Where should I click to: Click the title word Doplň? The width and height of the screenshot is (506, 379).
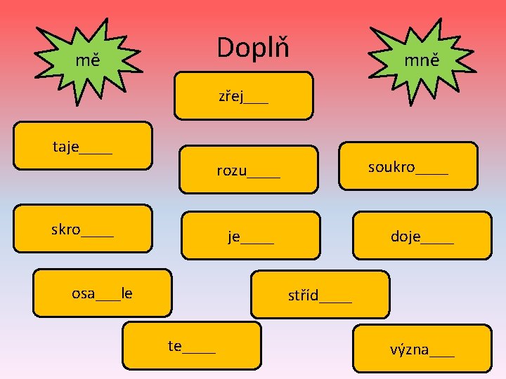(253, 48)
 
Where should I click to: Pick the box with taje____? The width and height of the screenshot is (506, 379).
(83, 146)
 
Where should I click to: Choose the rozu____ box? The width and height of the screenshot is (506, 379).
(248, 169)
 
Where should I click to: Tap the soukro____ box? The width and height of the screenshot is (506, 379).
(408, 166)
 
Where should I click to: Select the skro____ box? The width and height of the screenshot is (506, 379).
(83, 228)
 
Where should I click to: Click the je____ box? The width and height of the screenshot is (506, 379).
(250, 235)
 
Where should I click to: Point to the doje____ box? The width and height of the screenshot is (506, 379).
(422, 236)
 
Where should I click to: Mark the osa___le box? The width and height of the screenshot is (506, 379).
(103, 293)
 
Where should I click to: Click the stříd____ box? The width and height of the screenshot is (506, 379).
(320, 295)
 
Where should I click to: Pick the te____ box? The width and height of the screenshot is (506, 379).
(191, 345)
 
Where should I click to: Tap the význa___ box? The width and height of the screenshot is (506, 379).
(422, 348)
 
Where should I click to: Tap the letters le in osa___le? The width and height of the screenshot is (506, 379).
(126, 293)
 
